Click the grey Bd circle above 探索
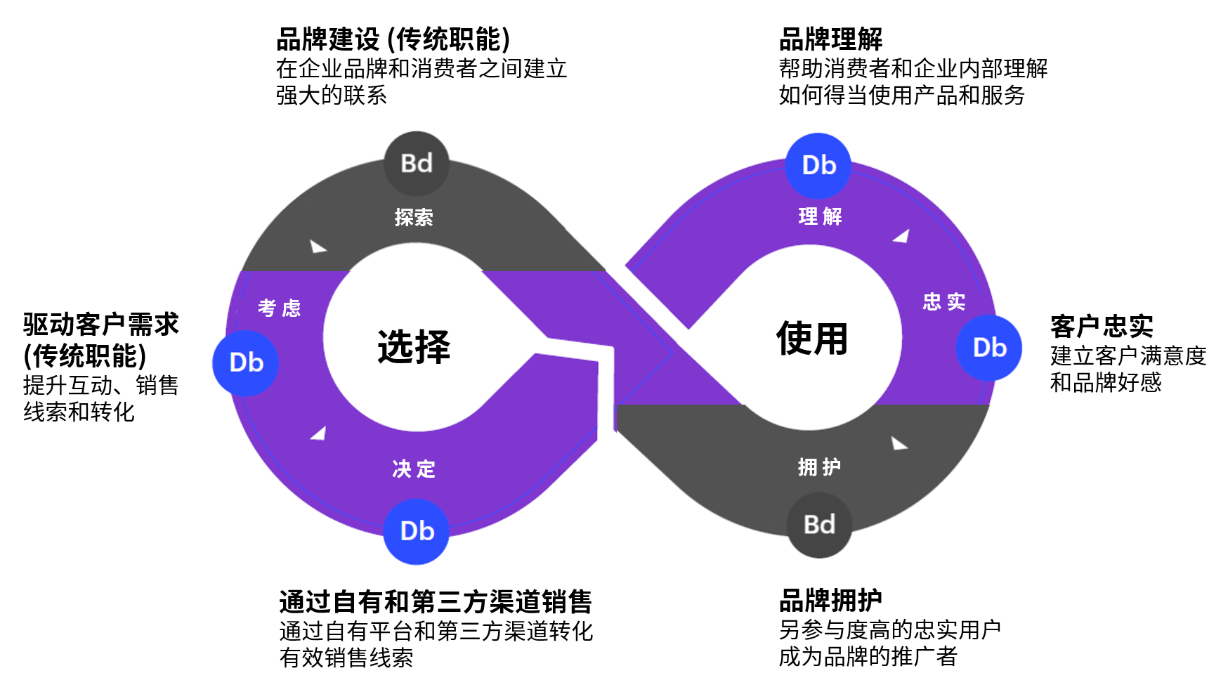pos(416,164)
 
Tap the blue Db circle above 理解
pos(818,166)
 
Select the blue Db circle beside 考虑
pos(246,362)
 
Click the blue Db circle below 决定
pos(417,531)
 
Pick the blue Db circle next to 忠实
pos(989,348)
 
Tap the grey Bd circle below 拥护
pos(819,525)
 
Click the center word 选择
pos(414,346)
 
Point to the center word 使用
pos(812,339)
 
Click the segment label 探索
pos(414,218)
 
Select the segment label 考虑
pos(279,308)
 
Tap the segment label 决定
pos(414,469)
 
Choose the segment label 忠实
pos(943,302)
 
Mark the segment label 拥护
pos(819,466)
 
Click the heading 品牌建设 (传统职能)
pos(393,39)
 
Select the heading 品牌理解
pos(830,39)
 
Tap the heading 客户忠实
pos(1102,327)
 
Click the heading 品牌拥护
pos(830,601)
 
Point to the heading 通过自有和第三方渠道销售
pos(436,602)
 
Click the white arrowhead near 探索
pos(318,247)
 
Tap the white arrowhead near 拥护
pos(899,443)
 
